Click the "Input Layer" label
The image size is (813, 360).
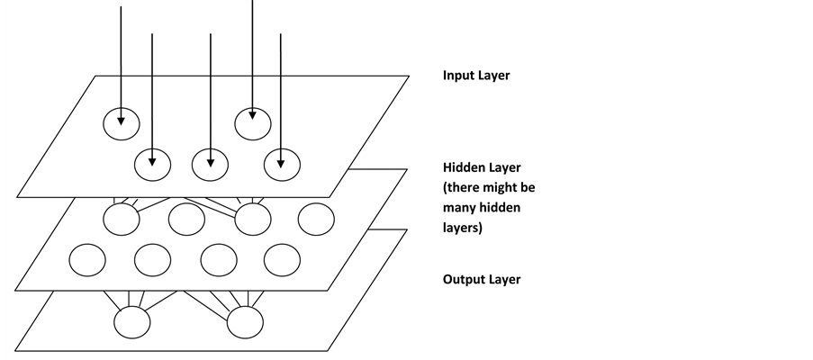pyautogui.click(x=475, y=76)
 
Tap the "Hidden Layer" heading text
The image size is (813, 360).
pyautogui.click(x=482, y=168)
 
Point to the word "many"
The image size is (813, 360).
pyautogui.click(x=462, y=208)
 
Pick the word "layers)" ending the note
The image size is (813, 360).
pyautogui.click(x=462, y=229)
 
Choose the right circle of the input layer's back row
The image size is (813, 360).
pyautogui.click(x=253, y=122)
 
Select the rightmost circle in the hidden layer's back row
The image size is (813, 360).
pyautogui.click(x=316, y=218)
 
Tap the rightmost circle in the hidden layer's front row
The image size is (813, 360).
pyautogui.click(x=282, y=260)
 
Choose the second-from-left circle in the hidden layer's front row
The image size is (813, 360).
pyautogui.click(x=152, y=260)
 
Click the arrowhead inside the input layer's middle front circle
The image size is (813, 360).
pyautogui.click(x=211, y=163)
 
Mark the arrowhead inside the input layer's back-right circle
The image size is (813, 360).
pyautogui.click(x=253, y=114)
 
